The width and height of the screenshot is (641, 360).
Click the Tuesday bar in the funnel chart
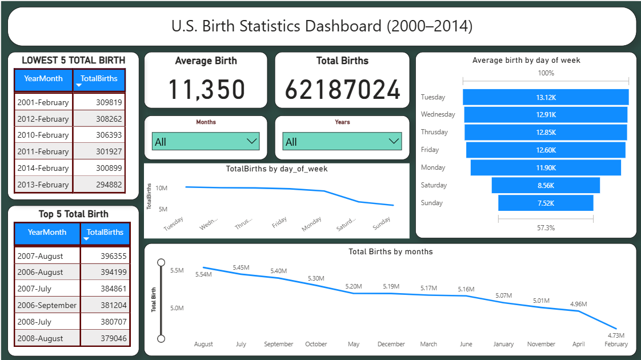(546, 97)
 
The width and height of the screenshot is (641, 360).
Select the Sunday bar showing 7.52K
(546, 203)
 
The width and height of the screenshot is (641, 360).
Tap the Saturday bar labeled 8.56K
(546, 185)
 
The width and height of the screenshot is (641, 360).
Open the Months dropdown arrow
(251, 141)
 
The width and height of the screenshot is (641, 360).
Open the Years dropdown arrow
(394, 141)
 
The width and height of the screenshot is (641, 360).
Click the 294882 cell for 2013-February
(99, 185)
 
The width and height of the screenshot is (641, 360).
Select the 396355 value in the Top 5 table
(106, 256)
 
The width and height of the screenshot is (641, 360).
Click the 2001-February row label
(43, 102)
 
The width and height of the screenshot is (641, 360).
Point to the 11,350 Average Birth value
(206, 90)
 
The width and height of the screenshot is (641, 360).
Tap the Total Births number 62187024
(342, 90)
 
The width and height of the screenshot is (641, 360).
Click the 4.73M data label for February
(616, 335)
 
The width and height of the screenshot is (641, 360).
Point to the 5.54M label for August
(203, 275)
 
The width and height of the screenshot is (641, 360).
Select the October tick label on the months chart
(316, 344)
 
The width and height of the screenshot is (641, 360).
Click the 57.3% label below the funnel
(546, 227)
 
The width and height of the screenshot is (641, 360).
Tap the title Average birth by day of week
(526, 60)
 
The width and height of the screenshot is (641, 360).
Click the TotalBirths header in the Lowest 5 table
(99, 79)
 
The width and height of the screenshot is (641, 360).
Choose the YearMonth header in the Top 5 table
(47, 233)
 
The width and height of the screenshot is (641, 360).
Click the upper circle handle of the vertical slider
(161, 262)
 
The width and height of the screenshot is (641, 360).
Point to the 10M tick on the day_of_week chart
(161, 188)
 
